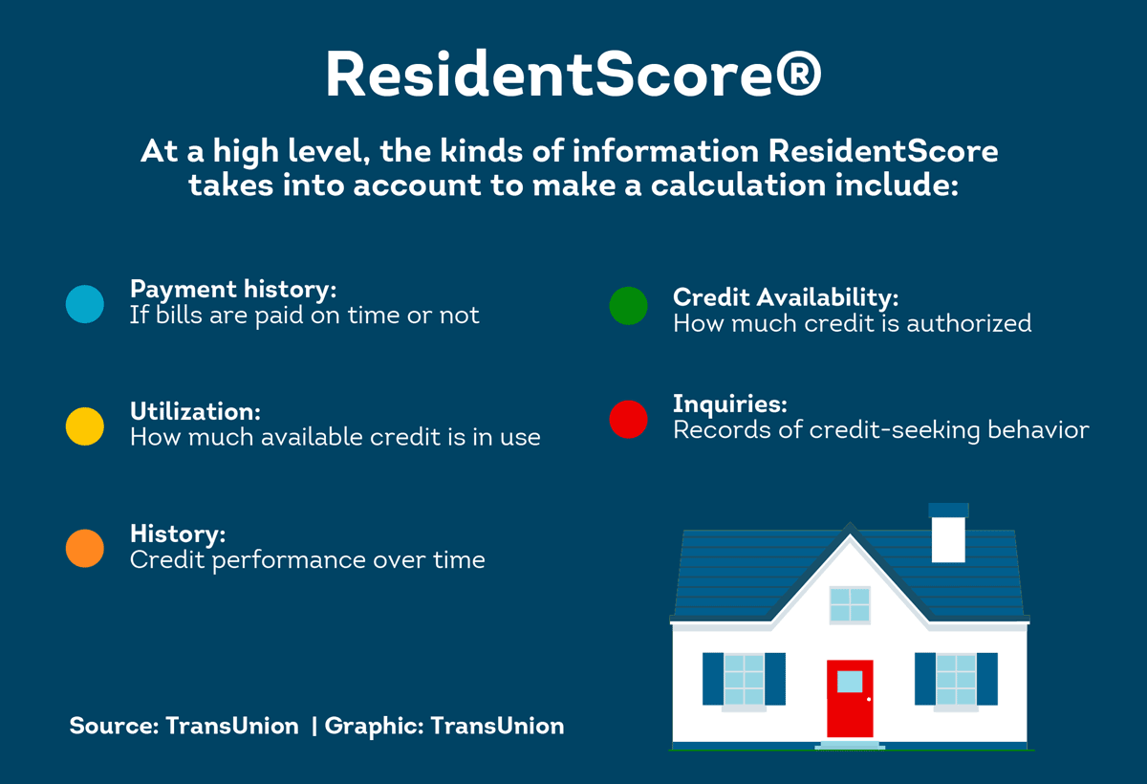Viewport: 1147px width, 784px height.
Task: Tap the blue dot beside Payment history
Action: pos(85,304)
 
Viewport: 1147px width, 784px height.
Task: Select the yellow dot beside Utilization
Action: pos(85,425)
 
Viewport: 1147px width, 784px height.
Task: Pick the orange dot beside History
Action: pos(85,548)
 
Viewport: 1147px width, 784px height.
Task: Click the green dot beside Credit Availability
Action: pos(628,305)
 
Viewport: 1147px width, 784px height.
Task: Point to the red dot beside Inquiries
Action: pos(628,419)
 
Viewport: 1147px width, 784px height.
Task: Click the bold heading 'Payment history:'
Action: pos(233,290)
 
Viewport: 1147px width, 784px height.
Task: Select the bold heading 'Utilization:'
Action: pos(195,411)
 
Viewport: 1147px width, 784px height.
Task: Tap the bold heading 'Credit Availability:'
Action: pos(786,297)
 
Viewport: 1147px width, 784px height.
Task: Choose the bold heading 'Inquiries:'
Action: pos(729,403)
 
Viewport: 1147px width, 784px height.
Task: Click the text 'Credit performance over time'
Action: pos(307,559)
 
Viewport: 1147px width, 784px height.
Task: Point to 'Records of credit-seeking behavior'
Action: pos(880,430)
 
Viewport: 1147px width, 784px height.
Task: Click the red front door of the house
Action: pos(850,698)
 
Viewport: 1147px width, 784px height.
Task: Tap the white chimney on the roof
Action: pos(948,538)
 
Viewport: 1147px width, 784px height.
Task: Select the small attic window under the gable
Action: pos(850,604)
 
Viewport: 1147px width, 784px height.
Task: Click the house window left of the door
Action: pos(744,679)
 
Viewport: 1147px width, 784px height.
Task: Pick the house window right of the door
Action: pos(956,679)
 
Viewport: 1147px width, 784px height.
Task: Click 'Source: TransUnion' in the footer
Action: pos(184,726)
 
